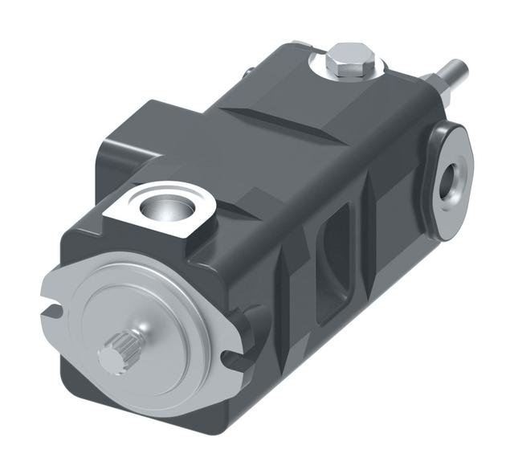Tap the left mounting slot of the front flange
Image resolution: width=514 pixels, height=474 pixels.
pos(51,308)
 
